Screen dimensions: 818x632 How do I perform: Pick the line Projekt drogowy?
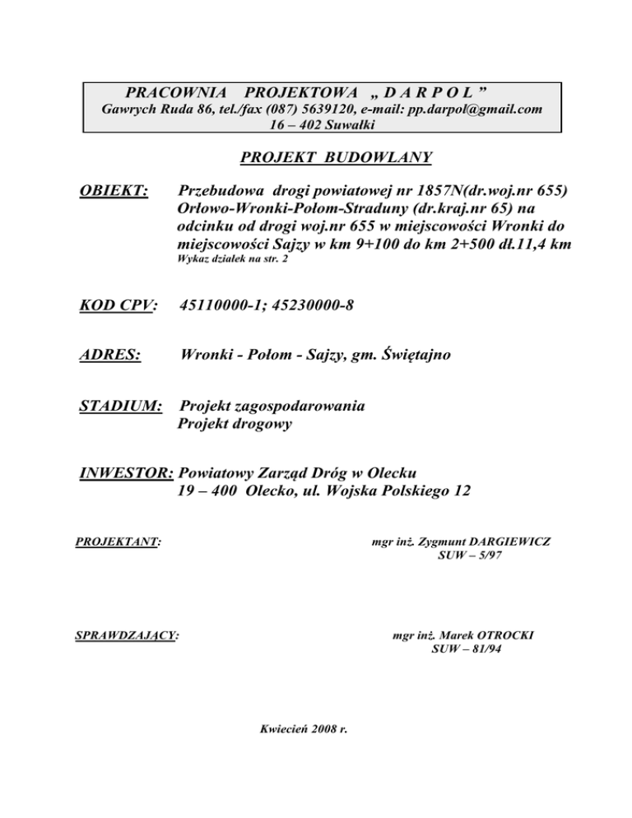(235, 425)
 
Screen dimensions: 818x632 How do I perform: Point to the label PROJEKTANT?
(118, 542)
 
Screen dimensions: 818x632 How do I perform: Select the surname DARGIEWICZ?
(504, 542)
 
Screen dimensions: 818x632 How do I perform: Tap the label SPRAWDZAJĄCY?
(128, 635)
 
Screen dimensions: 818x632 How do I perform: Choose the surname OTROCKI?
(511, 635)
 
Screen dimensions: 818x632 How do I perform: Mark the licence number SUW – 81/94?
(466, 649)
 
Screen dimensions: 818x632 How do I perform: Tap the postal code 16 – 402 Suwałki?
(322, 124)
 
